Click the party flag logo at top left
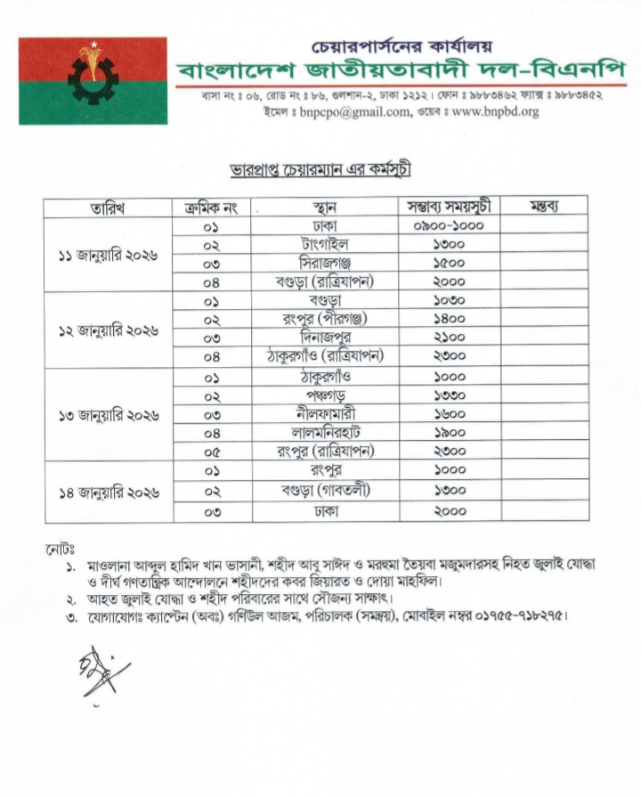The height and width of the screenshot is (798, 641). click(93, 80)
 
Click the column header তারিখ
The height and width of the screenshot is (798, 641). click(107, 208)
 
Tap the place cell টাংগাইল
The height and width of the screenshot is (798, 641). click(324, 243)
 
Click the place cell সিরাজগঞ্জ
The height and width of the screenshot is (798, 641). click(324, 263)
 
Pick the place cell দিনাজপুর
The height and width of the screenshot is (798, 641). click(324, 338)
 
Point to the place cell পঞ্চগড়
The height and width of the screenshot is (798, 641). click(324, 395)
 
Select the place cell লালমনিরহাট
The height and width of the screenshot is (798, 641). click(324, 432)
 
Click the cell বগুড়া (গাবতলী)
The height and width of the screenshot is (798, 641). click(324, 491)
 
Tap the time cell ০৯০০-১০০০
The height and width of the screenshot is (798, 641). click(450, 225)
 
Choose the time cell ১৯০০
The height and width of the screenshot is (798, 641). click(450, 432)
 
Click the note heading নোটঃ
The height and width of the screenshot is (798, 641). click(60, 545)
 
